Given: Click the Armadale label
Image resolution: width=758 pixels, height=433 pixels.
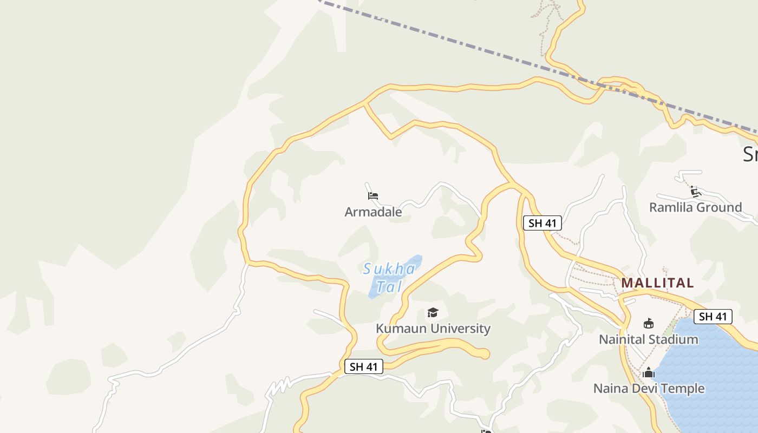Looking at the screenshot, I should click(x=373, y=212).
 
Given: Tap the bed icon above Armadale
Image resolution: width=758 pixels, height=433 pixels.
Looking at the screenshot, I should click(x=373, y=196).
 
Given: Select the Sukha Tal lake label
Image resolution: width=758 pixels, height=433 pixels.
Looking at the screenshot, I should click(x=389, y=277).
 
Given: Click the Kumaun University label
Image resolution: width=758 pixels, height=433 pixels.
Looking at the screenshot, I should click(x=433, y=329).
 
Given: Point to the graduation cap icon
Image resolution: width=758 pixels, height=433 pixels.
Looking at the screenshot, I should click(x=432, y=312).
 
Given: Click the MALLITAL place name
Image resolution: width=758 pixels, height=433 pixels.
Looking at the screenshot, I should click(x=657, y=283).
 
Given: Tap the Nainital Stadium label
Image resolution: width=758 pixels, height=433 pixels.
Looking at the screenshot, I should click(x=648, y=339).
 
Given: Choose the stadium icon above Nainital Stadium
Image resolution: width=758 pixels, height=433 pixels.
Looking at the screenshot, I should click(x=648, y=324).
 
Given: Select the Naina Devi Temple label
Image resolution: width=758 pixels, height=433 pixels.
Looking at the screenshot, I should click(x=649, y=388).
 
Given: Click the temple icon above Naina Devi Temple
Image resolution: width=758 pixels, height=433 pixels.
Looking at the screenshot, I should click(x=648, y=373).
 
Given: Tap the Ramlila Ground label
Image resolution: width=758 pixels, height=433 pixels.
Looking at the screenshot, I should click(x=695, y=207).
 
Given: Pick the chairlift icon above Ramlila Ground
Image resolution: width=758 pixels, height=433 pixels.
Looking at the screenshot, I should click(x=695, y=191).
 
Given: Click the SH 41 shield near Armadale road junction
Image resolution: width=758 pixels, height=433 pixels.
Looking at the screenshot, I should click(x=542, y=223).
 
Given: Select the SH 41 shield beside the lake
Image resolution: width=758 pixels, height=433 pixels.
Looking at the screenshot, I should click(x=713, y=317).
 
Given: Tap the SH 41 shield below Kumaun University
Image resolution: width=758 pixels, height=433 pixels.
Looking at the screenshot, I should click(x=363, y=366).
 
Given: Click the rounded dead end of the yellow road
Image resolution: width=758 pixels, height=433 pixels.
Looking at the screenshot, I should click(x=484, y=354).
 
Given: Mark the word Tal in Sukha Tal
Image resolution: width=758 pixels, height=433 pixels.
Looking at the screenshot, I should click(x=389, y=286).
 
